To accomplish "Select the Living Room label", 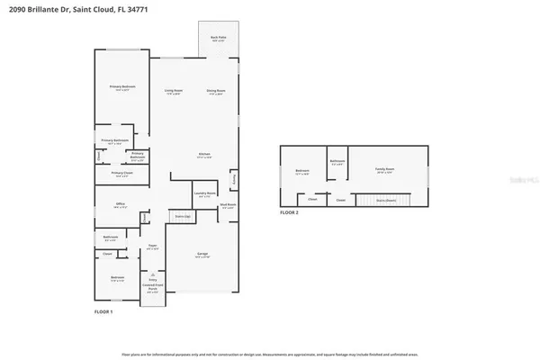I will (x=174, y=91).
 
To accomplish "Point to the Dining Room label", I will (x=216, y=91).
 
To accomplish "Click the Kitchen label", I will (x=204, y=156).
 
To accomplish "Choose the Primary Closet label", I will (x=122, y=174).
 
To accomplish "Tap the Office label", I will (x=120, y=205).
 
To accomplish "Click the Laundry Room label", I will (x=202, y=193).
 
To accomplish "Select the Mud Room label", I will (x=229, y=205).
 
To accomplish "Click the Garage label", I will (x=202, y=256).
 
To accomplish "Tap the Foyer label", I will (x=152, y=247).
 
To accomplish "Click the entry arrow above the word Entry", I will (x=152, y=274).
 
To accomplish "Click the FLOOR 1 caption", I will (x=103, y=311).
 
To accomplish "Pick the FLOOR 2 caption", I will (x=288, y=212).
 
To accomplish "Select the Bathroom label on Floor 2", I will (x=337, y=163).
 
